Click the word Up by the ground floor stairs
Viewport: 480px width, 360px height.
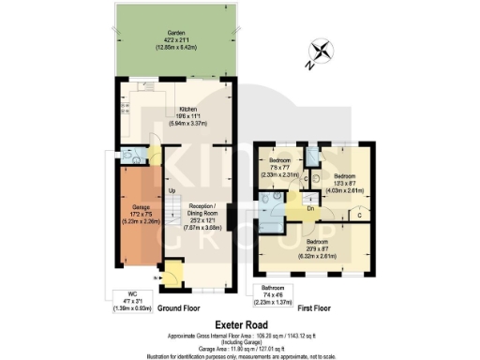(172, 192)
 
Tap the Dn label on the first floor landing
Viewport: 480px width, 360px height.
(310, 209)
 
